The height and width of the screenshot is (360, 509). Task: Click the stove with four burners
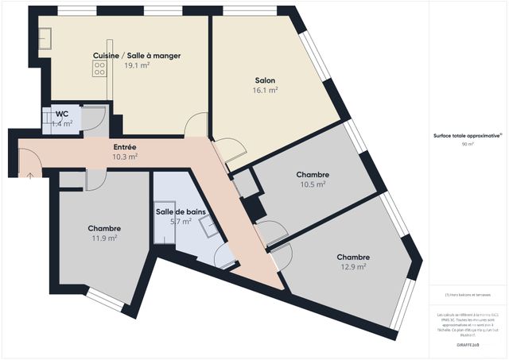[x=100, y=70]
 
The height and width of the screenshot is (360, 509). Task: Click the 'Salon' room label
[x=266, y=81]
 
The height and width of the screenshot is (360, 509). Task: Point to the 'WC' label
[x=61, y=114]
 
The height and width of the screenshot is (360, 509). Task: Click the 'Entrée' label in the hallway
[x=125, y=147]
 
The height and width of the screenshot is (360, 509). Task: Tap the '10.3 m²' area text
[x=125, y=157]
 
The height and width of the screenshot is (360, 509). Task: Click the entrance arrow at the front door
[x=29, y=174]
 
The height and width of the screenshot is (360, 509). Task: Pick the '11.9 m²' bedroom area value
[x=104, y=238]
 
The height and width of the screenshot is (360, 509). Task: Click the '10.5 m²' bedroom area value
[x=313, y=184]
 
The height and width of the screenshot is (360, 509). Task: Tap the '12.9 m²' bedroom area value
[x=352, y=267]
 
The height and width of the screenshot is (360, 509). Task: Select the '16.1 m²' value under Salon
[x=266, y=91]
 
